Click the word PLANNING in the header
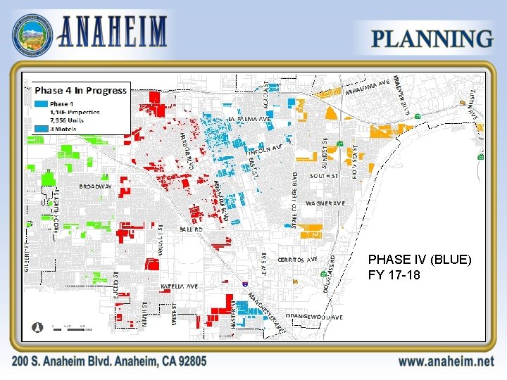[x=432, y=39]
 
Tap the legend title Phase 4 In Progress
[x=80, y=90]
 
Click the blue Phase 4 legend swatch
[x=41, y=103]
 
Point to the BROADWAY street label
[x=95, y=187]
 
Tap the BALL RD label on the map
[x=190, y=229]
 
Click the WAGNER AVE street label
[x=325, y=203]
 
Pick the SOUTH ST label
[x=324, y=176]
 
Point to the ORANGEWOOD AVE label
[x=315, y=317]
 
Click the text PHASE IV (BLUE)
[x=419, y=260]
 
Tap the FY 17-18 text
[x=394, y=274]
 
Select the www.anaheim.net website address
[x=445, y=361]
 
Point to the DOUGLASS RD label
[x=329, y=274]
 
